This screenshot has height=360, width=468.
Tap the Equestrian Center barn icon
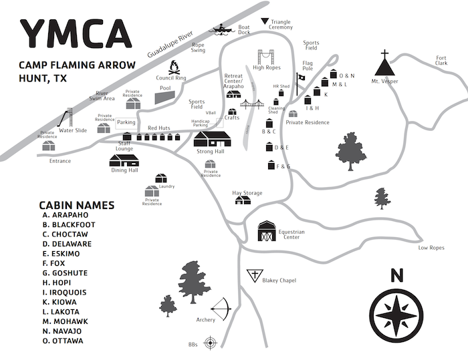(x=267, y=232)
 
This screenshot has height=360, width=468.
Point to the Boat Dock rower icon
(x=221, y=29)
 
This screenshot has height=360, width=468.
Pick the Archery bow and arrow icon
(x=223, y=309)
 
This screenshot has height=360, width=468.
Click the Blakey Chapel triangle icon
(x=254, y=275)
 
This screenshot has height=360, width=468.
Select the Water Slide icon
(x=66, y=119)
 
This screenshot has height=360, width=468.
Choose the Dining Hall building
(x=124, y=160)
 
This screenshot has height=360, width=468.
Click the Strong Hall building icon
(x=212, y=139)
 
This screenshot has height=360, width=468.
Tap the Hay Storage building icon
(x=243, y=200)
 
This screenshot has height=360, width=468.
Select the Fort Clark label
(x=441, y=60)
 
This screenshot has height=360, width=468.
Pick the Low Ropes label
(x=431, y=248)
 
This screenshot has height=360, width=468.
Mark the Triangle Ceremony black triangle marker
(x=265, y=21)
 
